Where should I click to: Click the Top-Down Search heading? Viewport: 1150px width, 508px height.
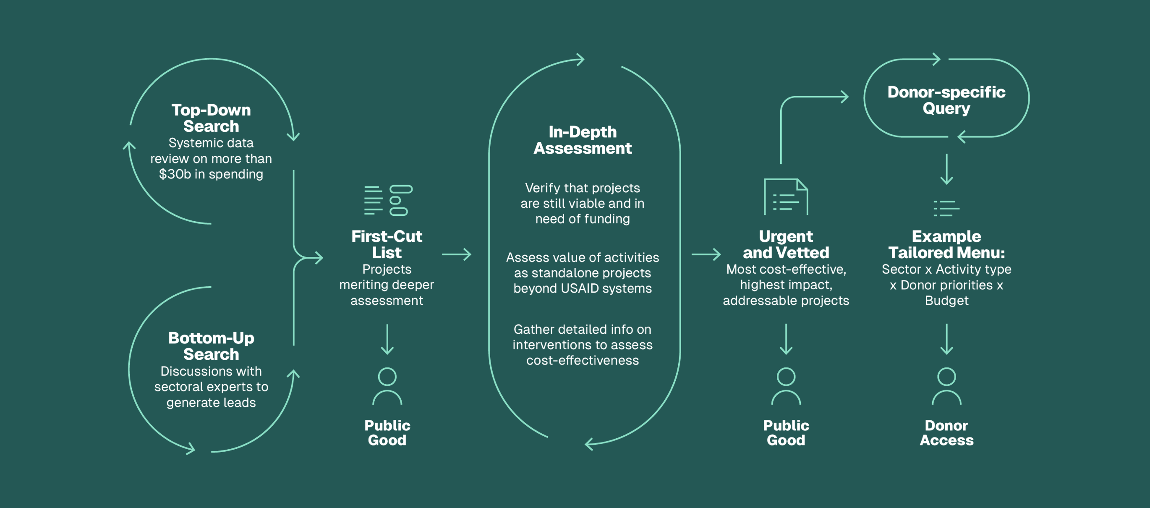[211, 118]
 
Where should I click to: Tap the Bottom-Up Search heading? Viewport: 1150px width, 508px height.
[211, 346]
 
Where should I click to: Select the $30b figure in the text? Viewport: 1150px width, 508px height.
[175, 174]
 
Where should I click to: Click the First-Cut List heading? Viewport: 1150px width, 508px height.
[387, 244]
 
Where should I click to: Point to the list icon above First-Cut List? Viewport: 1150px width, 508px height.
[387, 200]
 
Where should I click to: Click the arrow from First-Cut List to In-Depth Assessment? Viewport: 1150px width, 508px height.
[456, 254]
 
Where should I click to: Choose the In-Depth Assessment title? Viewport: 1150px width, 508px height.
[582, 140]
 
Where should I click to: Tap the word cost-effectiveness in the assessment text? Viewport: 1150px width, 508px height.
[582, 360]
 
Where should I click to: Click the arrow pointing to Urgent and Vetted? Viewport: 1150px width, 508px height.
[706, 254]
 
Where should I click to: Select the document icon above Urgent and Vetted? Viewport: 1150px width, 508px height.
[786, 197]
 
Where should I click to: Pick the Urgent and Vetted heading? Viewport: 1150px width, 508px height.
[786, 244]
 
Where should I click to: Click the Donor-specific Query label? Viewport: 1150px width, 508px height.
[946, 100]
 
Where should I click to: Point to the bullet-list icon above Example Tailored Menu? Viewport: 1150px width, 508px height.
[946, 208]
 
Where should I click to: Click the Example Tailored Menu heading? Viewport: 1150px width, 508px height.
[946, 244]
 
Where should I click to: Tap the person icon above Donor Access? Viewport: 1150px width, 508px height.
[946, 386]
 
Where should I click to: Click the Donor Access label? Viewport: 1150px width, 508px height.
[946, 432]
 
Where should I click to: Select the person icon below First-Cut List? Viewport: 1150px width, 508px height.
[387, 386]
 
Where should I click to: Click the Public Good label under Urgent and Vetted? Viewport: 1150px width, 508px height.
[786, 432]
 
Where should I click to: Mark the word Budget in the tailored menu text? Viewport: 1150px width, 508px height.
[946, 301]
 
